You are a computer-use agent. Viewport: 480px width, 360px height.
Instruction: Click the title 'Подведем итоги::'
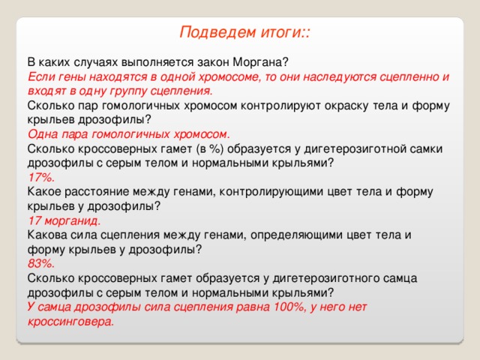(x=245, y=33)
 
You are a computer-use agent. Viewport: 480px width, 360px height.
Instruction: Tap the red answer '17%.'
(x=40, y=177)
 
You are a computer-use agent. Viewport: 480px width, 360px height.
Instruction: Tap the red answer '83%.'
(x=40, y=263)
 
